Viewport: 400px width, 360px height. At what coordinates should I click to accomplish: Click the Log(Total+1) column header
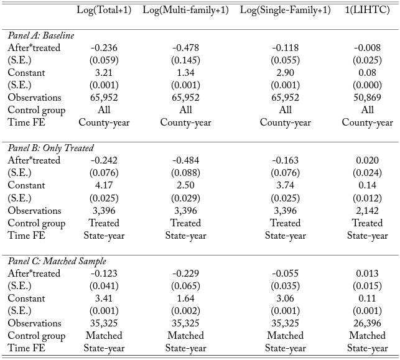pyautogui.click(x=104, y=11)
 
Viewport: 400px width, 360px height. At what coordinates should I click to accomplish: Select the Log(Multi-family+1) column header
pyautogui.click(x=185, y=11)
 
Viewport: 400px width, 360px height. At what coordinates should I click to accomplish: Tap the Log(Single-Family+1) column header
pyautogui.click(x=285, y=11)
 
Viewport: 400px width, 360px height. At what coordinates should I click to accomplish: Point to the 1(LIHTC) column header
pyautogui.click(x=368, y=11)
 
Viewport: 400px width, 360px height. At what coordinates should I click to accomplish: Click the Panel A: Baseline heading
pyautogui.click(x=41, y=35)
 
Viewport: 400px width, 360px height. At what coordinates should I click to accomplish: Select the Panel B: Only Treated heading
pyautogui.click(x=50, y=148)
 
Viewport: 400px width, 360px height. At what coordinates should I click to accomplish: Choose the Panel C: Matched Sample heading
pyautogui.click(x=57, y=261)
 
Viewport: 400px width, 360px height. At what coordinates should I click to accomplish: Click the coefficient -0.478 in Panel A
pyautogui.click(x=185, y=48)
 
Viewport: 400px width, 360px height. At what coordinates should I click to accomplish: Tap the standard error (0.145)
pyautogui.click(x=185, y=60)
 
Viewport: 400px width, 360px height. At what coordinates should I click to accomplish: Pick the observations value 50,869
pyautogui.click(x=368, y=98)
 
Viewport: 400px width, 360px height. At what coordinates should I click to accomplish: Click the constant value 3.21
pyautogui.click(x=104, y=73)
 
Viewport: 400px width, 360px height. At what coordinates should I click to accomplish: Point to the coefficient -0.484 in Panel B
pyautogui.click(x=185, y=160)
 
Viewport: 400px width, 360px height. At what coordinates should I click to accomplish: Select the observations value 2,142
pyautogui.click(x=368, y=211)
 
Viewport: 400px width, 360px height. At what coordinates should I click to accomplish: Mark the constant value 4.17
pyautogui.click(x=104, y=185)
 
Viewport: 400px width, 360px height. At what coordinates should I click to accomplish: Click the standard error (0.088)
pyautogui.click(x=185, y=173)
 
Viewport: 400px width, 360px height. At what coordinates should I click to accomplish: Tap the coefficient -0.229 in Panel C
pyautogui.click(x=185, y=274)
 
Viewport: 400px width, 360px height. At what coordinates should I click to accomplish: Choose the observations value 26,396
pyautogui.click(x=368, y=323)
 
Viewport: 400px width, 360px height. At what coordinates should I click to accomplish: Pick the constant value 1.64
pyautogui.click(x=185, y=298)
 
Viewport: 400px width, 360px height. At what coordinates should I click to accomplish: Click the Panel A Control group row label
pyautogui.click(x=37, y=111)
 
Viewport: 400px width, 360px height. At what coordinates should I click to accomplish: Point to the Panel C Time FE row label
pyautogui.click(x=27, y=348)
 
